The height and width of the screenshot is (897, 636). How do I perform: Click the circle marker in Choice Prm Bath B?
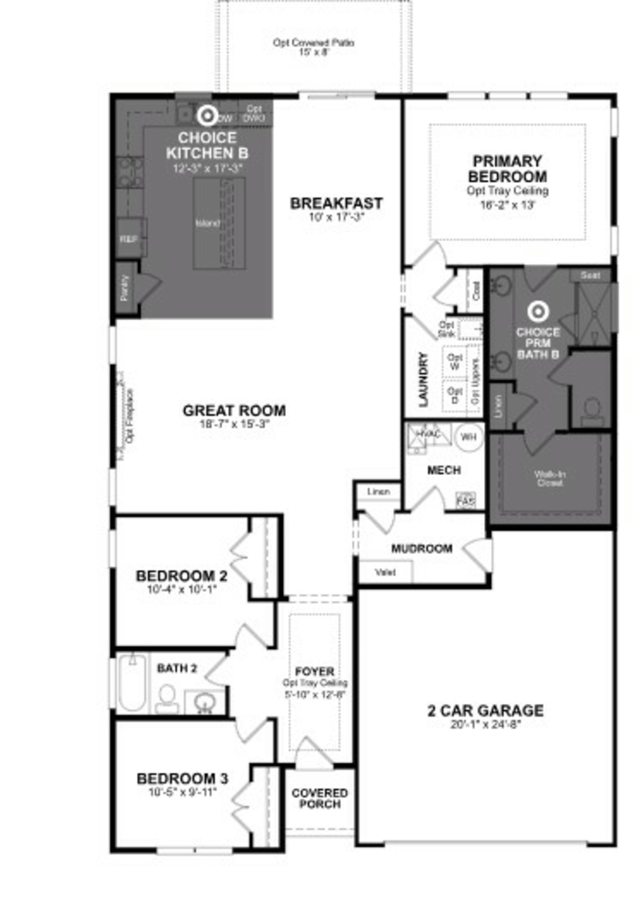pyautogui.click(x=538, y=312)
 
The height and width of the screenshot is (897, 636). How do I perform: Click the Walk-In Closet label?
pyautogui.click(x=550, y=478)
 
